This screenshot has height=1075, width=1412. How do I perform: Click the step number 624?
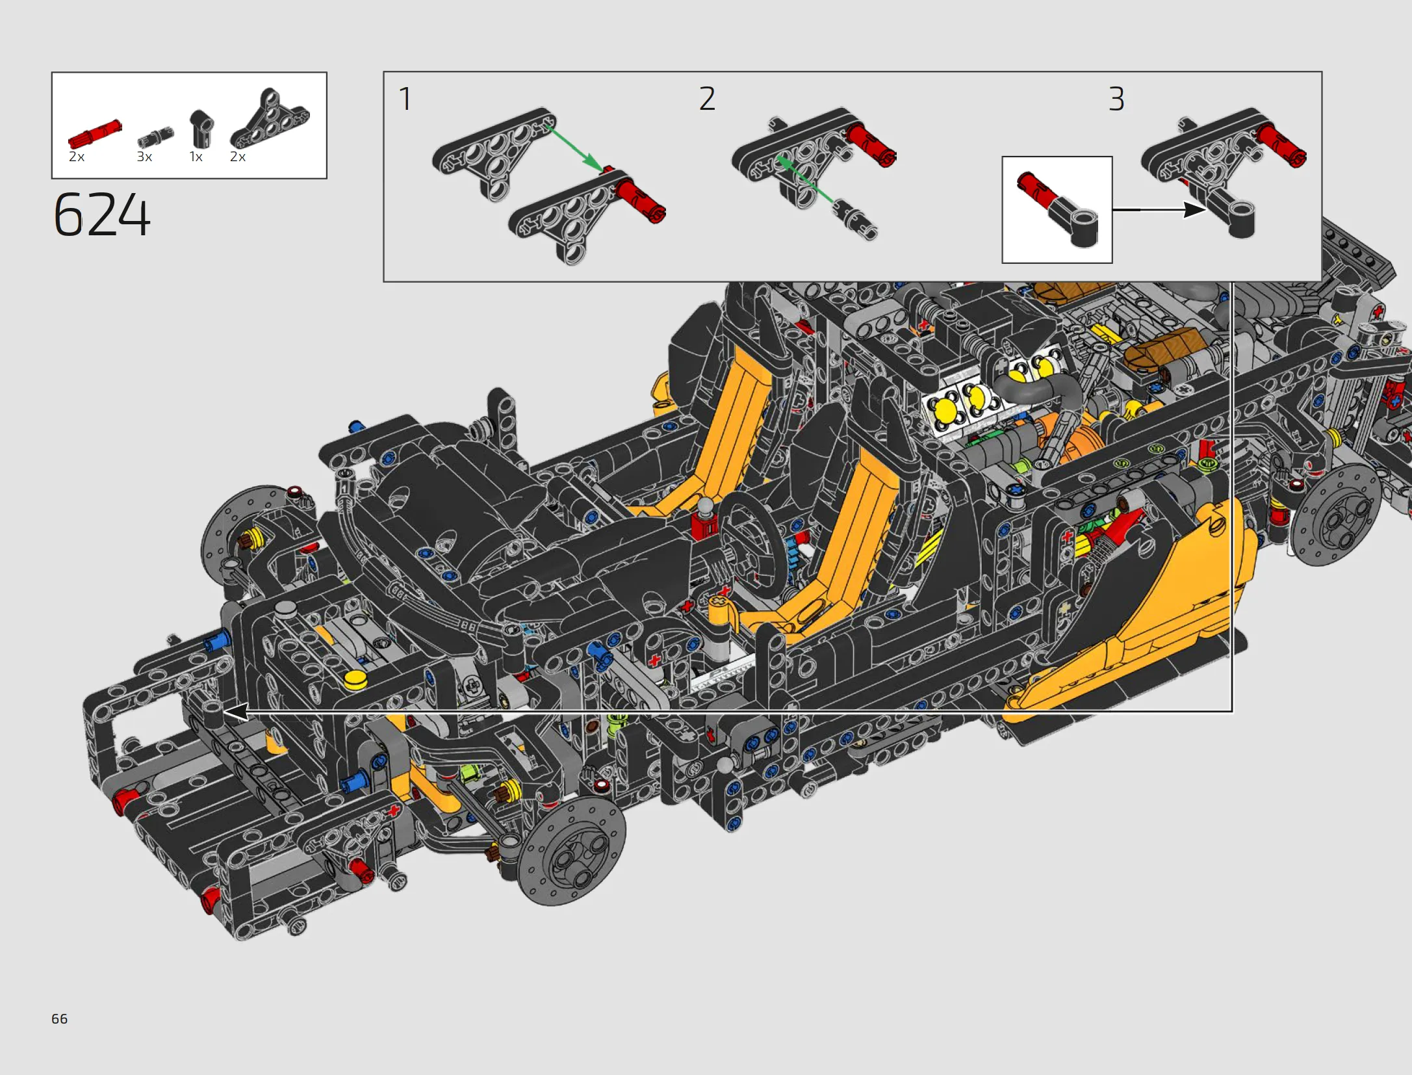[x=102, y=214]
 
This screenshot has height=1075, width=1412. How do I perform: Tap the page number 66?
[x=59, y=1018]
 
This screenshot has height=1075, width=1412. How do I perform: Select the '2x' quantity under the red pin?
[x=77, y=157]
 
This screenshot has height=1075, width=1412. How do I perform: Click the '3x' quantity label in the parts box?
[x=144, y=157]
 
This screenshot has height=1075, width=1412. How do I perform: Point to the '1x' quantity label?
[x=196, y=157]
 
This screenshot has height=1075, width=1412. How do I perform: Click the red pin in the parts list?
[x=95, y=134]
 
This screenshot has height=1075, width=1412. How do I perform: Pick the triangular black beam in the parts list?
[x=270, y=119]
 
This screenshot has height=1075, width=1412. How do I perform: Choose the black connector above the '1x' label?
[x=201, y=129]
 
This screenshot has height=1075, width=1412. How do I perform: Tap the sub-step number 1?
[x=405, y=99]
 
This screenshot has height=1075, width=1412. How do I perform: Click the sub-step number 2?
[x=707, y=99]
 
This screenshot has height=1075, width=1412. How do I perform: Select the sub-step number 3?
[x=1116, y=99]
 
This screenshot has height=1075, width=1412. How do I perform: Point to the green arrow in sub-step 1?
[x=576, y=149]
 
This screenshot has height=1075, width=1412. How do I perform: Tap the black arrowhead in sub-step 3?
[x=1194, y=210]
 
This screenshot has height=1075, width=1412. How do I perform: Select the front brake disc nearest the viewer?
[x=572, y=851]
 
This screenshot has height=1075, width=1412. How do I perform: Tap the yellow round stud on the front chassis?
[x=355, y=680]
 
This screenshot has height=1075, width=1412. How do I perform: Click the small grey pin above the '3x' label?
[x=156, y=136]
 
